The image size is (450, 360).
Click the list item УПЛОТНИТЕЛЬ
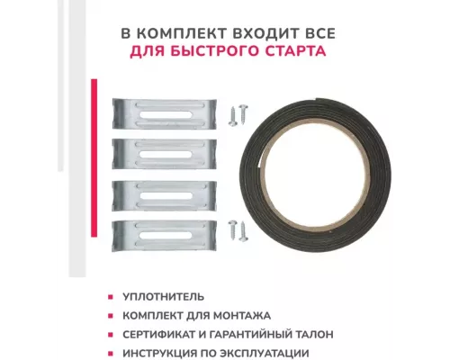pos(163,297)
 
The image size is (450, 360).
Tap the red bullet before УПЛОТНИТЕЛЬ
pos(111,297)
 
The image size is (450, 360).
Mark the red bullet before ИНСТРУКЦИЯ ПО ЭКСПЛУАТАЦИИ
pos(111,354)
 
